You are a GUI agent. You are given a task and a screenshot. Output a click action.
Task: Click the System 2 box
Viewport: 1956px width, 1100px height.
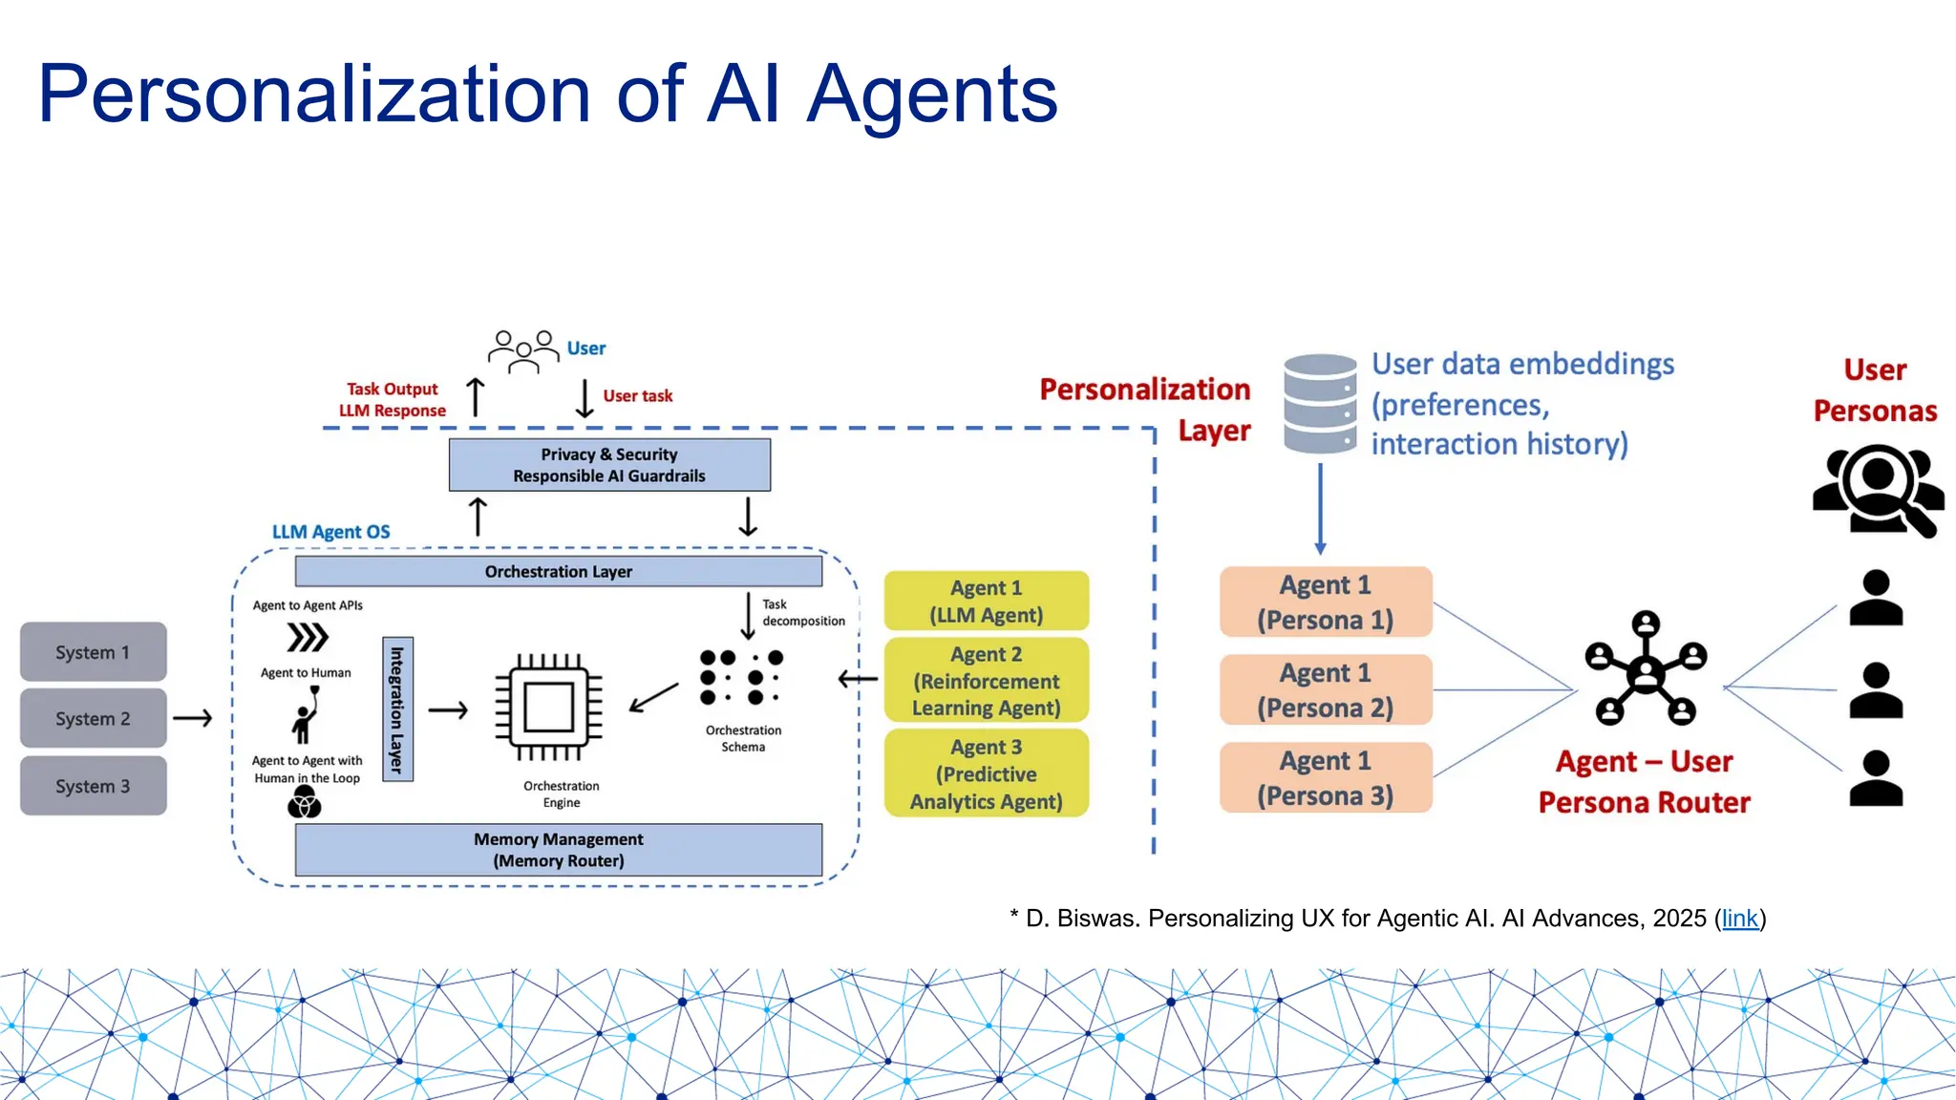(93, 718)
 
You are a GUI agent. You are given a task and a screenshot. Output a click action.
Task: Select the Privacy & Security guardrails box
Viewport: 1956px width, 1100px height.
(609, 465)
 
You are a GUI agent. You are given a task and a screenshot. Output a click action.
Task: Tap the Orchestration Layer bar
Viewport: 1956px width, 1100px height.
(559, 571)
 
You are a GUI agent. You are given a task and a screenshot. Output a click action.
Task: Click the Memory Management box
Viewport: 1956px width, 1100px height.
(559, 849)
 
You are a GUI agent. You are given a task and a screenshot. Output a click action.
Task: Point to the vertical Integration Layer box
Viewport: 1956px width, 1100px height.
(397, 709)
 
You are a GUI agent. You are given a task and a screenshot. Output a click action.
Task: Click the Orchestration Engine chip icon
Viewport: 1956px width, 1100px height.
(548, 708)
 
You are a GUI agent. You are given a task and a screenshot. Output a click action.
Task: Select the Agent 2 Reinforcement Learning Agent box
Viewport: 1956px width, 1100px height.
(986, 681)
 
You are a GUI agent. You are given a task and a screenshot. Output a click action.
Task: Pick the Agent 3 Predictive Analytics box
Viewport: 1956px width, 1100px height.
(986, 773)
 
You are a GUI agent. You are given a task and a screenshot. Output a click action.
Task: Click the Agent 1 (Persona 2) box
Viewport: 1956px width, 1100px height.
(1325, 689)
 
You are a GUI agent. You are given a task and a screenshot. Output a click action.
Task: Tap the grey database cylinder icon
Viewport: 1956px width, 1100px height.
(1320, 403)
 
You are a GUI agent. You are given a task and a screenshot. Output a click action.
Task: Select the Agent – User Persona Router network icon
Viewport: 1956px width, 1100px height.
(1646, 668)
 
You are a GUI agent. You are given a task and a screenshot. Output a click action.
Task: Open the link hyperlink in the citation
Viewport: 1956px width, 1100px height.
(1739, 919)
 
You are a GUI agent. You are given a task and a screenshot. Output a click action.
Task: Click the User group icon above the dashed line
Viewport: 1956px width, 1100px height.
(523, 350)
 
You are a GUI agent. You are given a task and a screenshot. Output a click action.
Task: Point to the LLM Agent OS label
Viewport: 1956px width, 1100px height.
(330, 532)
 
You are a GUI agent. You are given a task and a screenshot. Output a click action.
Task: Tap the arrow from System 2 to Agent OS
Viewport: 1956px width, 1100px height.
(192, 718)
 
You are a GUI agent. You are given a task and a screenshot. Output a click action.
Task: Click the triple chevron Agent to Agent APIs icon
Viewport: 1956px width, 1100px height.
(308, 637)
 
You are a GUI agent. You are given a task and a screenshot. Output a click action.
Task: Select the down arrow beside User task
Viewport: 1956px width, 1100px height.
(585, 398)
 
